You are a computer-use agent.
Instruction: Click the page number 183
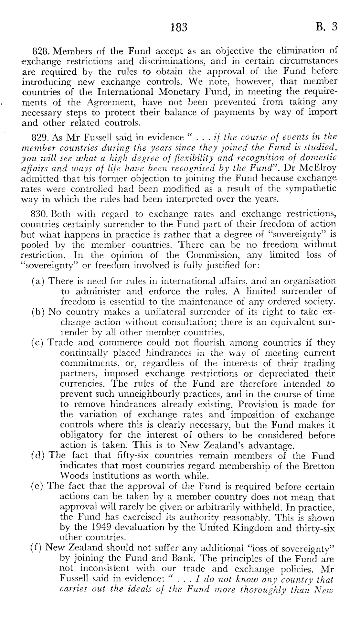pos(179,27)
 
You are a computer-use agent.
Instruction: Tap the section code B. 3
pos(327,27)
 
